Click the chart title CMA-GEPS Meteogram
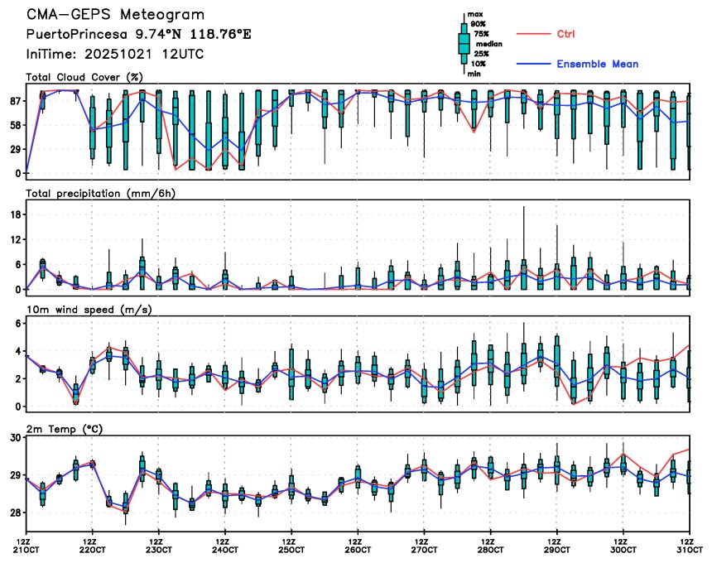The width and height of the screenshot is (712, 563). (x=115, y=15)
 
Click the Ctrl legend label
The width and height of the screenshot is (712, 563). (x=565, y=34)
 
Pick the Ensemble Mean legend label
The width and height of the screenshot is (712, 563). (x=597, y=64)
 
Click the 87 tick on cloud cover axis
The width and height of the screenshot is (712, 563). (x=14, y=100)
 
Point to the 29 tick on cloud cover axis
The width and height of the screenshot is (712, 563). (x=14, y=149)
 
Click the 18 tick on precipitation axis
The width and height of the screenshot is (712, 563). (x=14, y=214)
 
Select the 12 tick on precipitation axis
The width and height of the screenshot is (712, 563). (x=14, y=239)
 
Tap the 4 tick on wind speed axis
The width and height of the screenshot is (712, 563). (x=17, y=351)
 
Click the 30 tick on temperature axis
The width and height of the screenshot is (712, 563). (x=14, y=437)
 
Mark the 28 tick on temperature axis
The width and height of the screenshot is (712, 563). (x=14, y=513)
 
